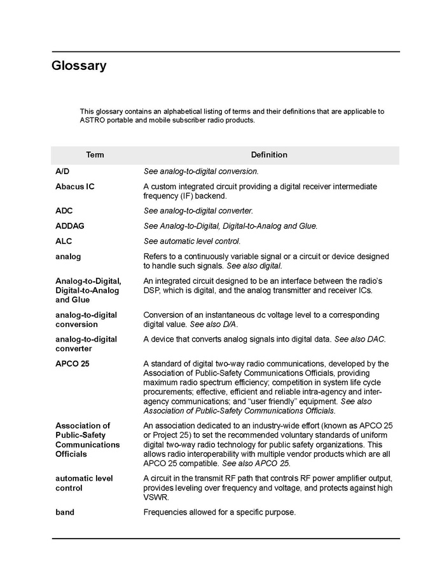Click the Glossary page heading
point(79,66)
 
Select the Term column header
point(95,155)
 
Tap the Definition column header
point(268,155)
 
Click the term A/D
point(62,171)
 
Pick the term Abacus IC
point(74,187)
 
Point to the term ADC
point(64,210)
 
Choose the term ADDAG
point(70,225)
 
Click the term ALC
point(64,241)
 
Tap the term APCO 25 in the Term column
point(72,364)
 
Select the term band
point(65,512)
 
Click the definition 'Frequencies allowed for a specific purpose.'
point(219,512)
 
